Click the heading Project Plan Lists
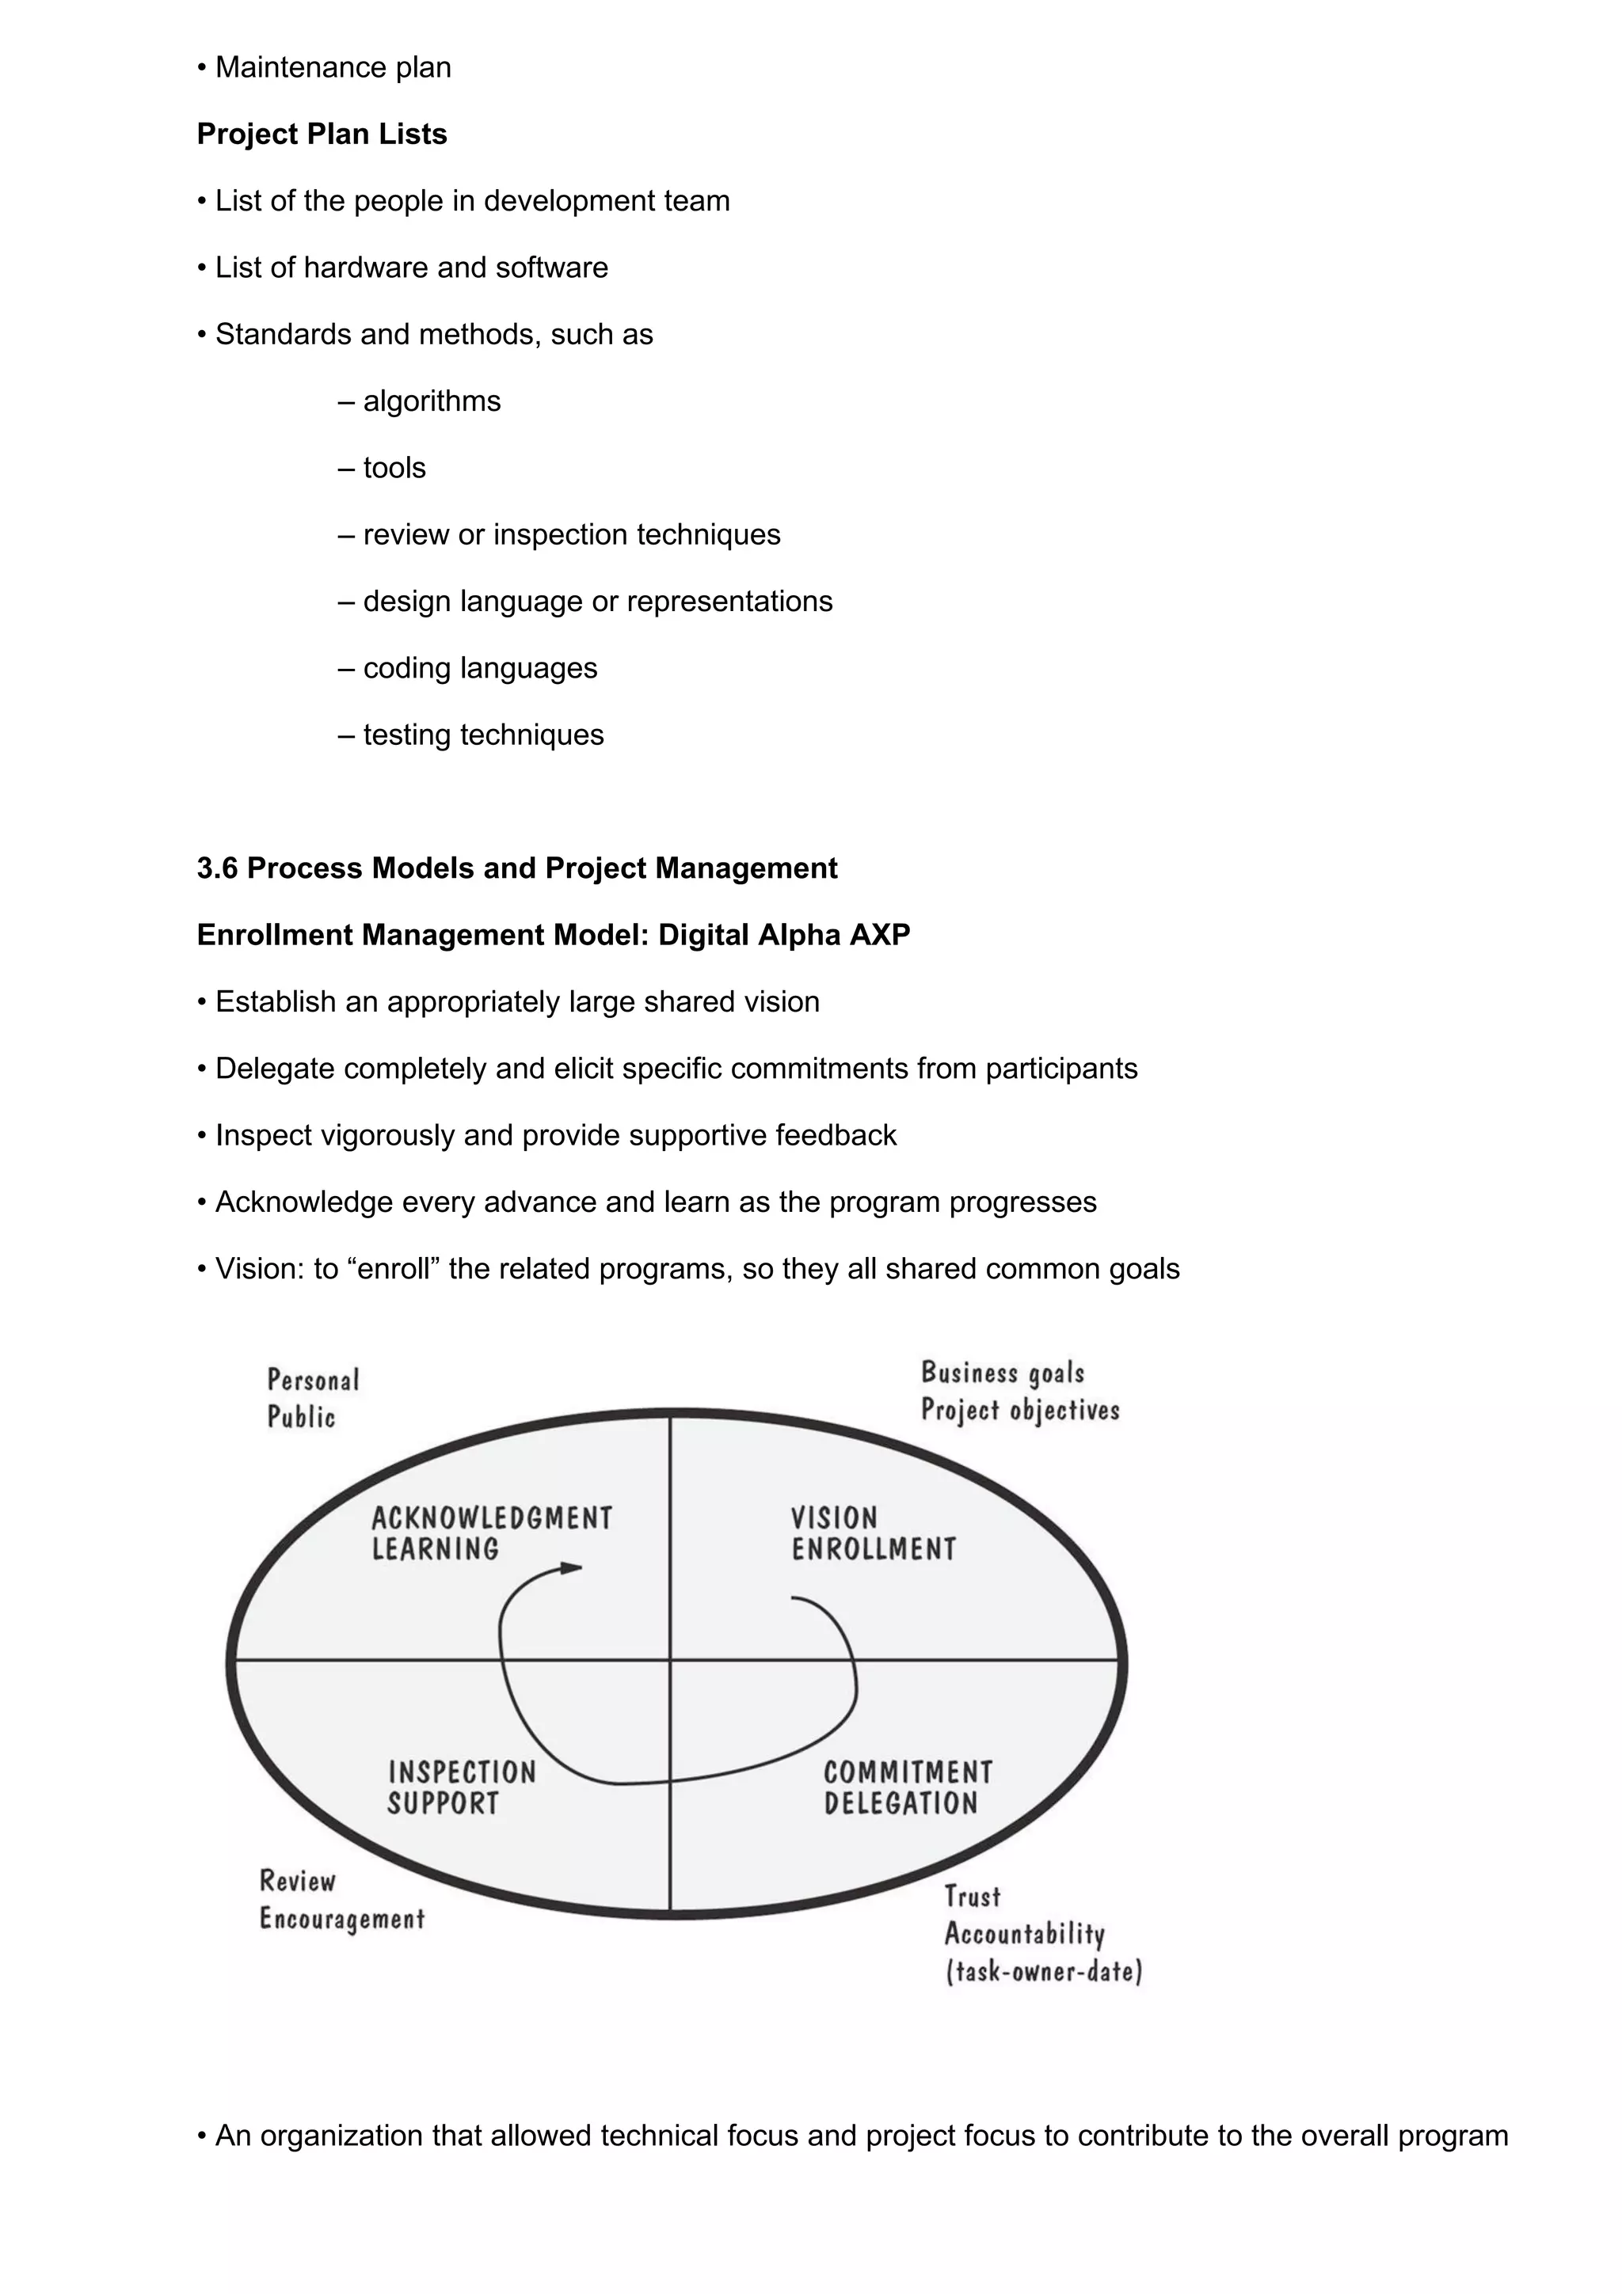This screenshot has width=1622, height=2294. (x=322, y=134)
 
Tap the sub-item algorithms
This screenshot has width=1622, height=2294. (x=431, y=401)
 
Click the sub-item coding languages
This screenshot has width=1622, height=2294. (x=480, y=667)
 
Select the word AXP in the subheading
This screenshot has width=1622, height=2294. (x=879, y=935)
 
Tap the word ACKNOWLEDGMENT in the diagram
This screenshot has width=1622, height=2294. (x=492, y=1519)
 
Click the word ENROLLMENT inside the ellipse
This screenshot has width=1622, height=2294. (x=874, y=1550)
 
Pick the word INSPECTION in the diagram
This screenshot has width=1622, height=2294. (x=462, y=1772)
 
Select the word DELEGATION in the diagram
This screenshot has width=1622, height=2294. (x=900, y=1803)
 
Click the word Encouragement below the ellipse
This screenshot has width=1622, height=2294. (x=342, y=1918)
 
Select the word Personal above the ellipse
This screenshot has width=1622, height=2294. (x=313, y=1380)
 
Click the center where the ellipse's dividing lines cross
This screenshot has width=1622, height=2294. (x=669, y=1661)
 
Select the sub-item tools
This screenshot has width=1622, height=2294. (x=394, y=468)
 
